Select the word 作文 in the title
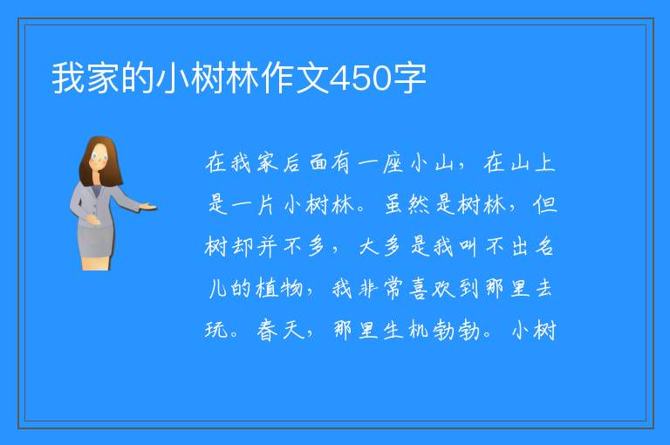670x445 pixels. [x=296, y=79]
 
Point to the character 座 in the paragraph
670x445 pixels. [x=393, y=163]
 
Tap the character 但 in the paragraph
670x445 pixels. [x=545, y=205]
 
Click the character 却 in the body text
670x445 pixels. [x=242, y=247]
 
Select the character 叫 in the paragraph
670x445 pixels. [x=468, y=247]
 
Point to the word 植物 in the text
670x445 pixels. [x=279, y=289]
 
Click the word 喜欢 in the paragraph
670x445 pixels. [x=431, y=289]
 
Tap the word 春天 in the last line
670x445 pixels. [x=280, y=331]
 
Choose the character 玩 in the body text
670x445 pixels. [x=215, y=331]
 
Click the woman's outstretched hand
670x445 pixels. [x=147, y=208]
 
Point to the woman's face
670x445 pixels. [x=99, y=157]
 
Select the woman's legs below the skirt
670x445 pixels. [x=96, y=264]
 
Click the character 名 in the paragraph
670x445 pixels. [x=545, y=247]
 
